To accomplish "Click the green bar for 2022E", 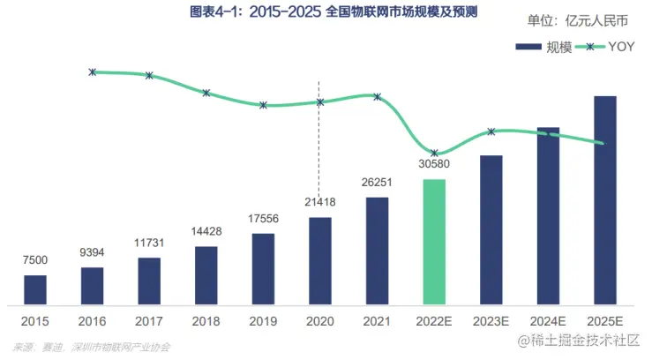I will pos(434,241).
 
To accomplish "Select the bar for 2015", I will pos(35,289).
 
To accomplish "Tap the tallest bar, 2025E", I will pos(605,199).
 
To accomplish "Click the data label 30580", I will pos(434,164).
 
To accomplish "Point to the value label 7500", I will pos(35,260).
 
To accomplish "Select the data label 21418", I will pos(320,202).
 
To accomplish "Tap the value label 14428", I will pos(206,231).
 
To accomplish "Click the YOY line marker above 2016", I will pos(93,71).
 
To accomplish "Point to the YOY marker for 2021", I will pos(377,96).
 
